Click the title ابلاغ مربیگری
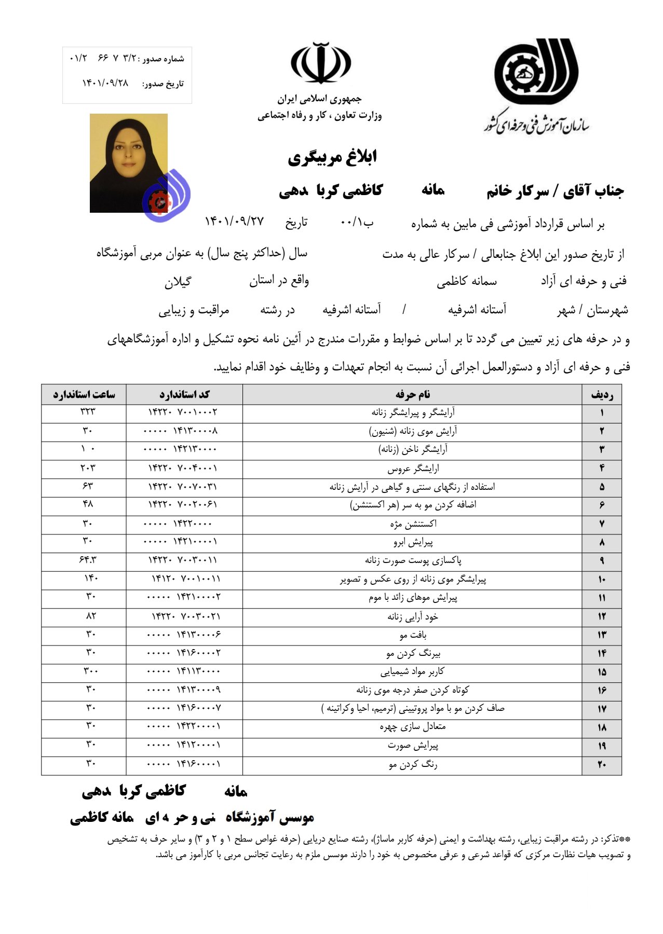(332, 157)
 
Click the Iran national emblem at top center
(321, 63)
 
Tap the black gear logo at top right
(535, 72)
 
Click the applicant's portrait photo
(129, 162)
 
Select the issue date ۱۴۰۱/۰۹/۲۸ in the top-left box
(105, 83)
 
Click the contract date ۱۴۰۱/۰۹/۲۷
(234, 222)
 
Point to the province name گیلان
(178, 282)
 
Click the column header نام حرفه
(412, 394)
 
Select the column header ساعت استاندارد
(84, 394)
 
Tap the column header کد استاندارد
(184, 394)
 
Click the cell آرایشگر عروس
(413, 469)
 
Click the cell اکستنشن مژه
(413, 524)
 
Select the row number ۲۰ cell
(602, 765)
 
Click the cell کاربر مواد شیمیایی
(412, 672)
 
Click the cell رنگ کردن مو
(413, 765)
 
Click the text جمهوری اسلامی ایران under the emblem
(319, 99)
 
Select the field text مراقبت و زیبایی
(194, 310)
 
